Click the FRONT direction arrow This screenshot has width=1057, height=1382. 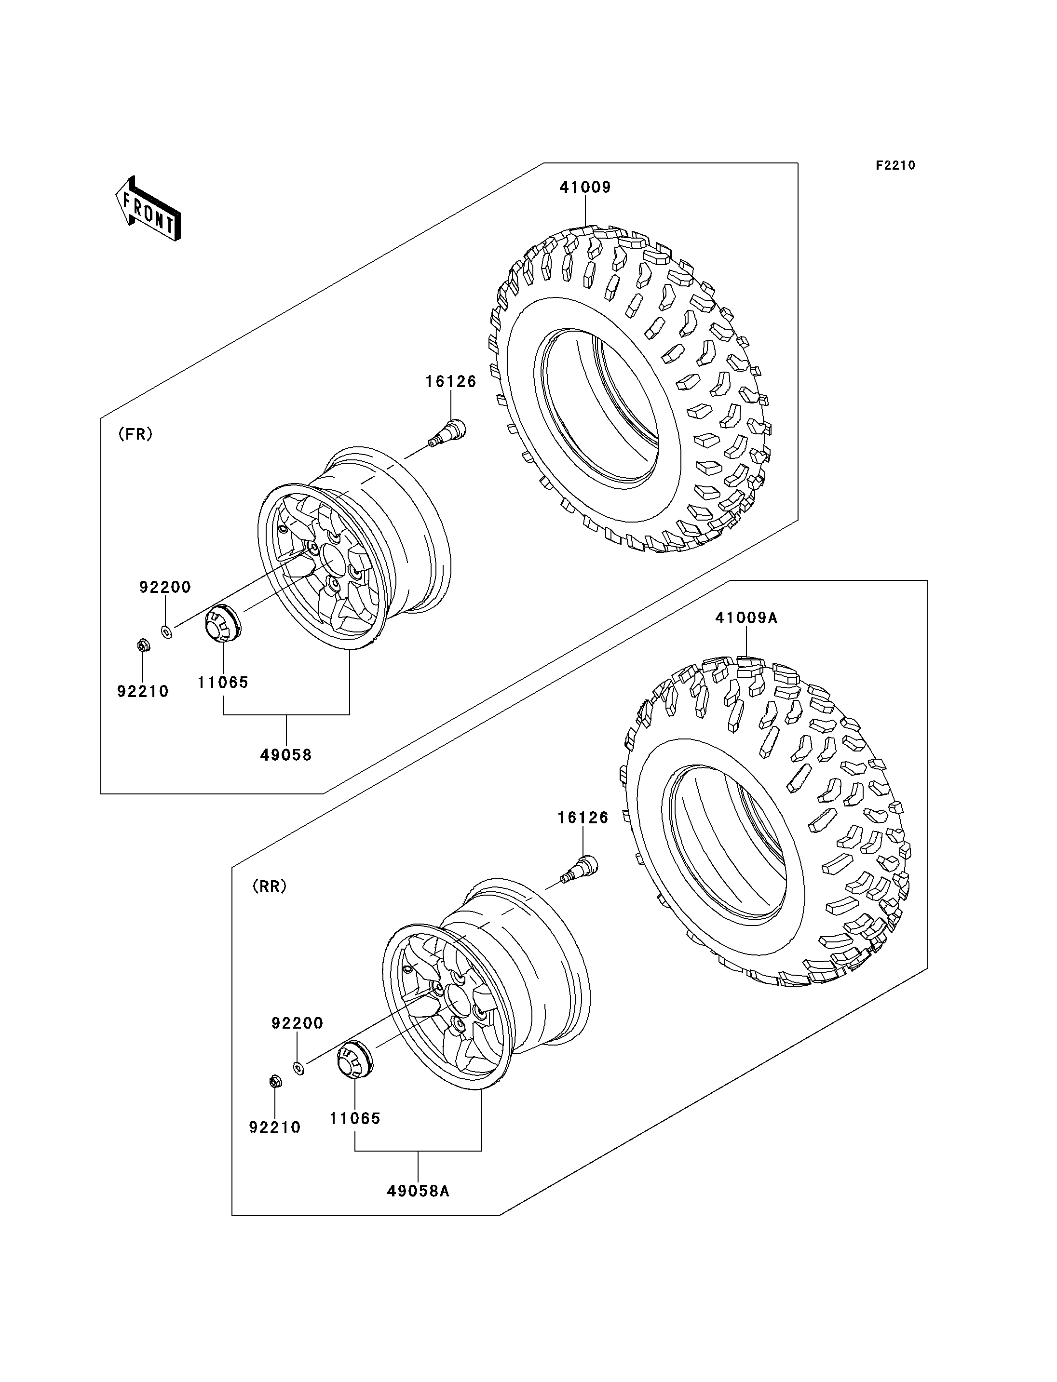[149, 208]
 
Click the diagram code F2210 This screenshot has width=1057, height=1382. [895, 165]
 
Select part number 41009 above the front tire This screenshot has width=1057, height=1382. [585, 188]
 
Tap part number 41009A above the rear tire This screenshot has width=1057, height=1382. [746, 618]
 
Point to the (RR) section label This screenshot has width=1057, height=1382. [269, 886]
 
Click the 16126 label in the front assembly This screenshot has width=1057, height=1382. [450, 382]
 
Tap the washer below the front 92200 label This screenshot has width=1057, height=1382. [167, 631]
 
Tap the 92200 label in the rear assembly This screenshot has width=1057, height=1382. [297, 1023]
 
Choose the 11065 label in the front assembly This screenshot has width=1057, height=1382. [223, 683]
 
